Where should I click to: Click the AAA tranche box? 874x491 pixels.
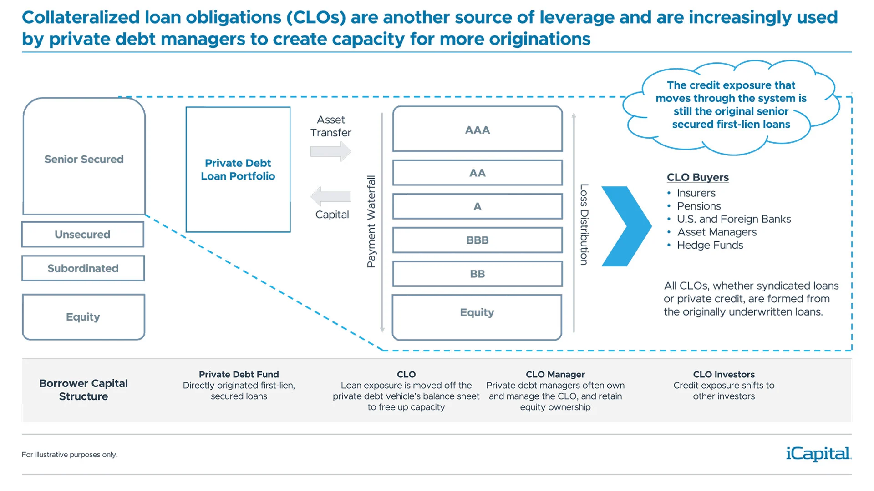[478, 130]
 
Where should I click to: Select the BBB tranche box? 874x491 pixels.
[478, 240]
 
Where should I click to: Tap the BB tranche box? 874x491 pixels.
[478, 274]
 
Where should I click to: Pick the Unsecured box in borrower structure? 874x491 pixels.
[83, 235]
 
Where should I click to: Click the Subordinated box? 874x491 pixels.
[83, 268]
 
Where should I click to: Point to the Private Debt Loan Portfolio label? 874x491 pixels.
[238, 170]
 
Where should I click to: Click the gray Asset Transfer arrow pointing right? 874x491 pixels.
[330, 151]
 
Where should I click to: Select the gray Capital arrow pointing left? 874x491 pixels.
[330, 196]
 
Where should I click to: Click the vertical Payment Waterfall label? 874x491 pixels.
[371, 221]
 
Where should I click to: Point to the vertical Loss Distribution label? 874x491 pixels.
[584, 224]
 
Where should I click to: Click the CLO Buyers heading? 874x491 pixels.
[697, 177]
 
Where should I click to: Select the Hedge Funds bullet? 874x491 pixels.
[710, 245]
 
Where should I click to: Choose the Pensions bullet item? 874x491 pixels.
[699, 206]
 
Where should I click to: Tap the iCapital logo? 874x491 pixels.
[818, 454]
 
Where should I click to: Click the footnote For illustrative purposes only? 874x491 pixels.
[70, 455]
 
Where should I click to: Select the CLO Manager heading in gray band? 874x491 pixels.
[555, 374]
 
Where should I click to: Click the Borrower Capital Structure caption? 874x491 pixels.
[83, 390]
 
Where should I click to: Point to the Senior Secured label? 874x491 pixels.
[84, 159]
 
